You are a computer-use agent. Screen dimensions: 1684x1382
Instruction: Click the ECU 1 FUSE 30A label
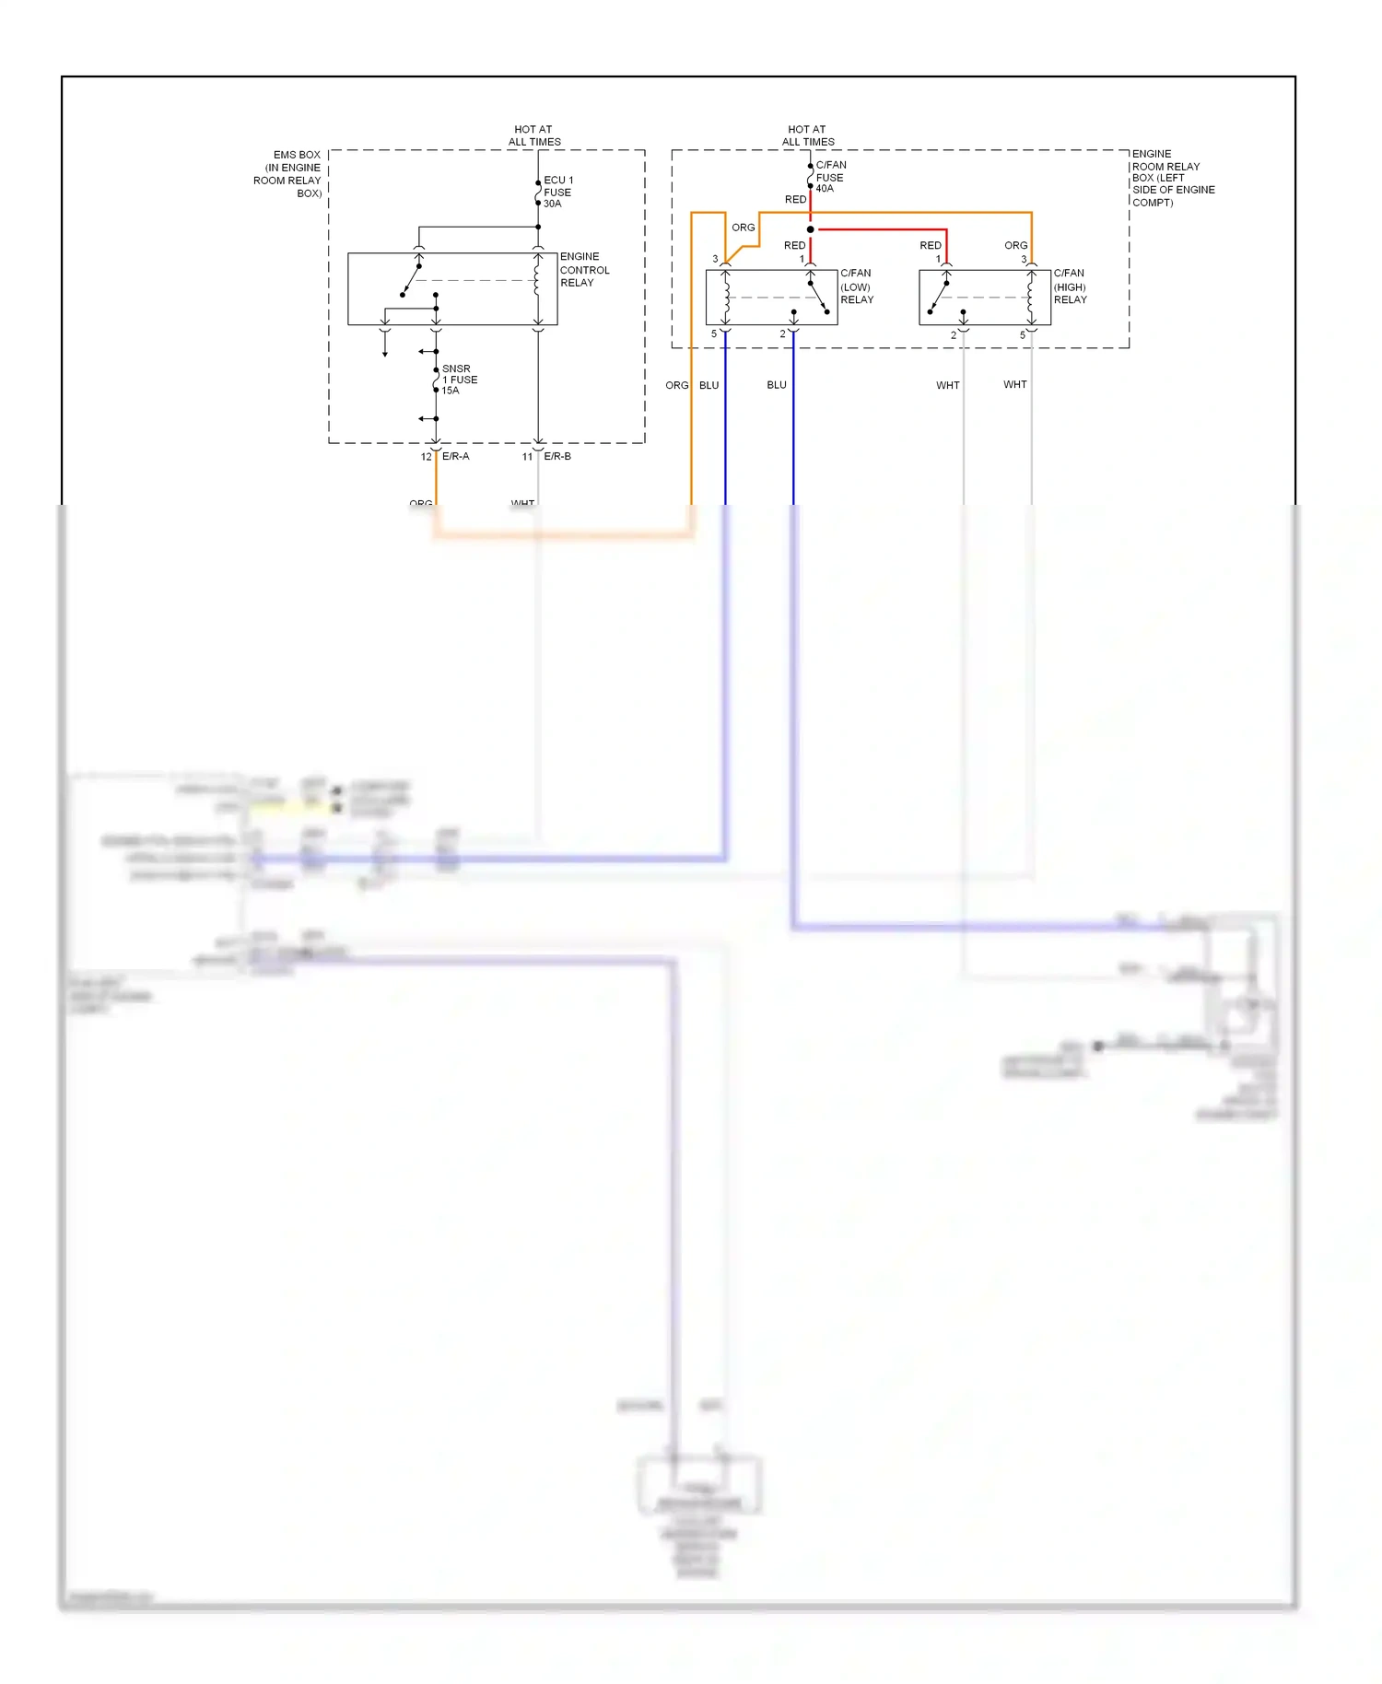(x=557, y=192)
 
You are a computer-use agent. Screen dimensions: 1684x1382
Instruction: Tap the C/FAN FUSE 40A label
(x=829, y=177)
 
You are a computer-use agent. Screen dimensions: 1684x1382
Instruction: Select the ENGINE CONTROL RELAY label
(x=584, y=270)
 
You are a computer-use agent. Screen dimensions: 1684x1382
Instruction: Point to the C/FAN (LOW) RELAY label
(x=856, y=287)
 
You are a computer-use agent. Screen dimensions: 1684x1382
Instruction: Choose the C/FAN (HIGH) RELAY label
(x=1070, y=287)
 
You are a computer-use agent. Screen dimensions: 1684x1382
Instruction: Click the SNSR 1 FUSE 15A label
(x=459, y=380)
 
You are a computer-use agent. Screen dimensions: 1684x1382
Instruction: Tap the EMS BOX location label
(x=288, y=174)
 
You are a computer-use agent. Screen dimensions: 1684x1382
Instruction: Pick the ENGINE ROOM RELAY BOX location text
(x=1172, y=178)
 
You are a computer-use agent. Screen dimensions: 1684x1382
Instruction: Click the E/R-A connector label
(x=455, y=456)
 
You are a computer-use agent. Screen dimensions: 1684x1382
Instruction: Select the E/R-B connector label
(x=557, y=456)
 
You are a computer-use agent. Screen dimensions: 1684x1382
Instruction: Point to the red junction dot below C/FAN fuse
(x=810, y=229)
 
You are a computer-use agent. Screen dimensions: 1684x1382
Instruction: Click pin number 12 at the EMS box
(x=426, y=457)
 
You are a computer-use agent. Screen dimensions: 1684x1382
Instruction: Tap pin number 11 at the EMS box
(x=527, y=457)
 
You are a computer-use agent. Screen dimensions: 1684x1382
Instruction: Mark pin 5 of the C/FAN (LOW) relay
(x=714, y=334)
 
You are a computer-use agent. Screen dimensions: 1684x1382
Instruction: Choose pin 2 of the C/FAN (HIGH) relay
(x=954, y=335)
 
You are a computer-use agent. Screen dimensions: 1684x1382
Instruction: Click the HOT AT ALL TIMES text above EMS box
(x=534, y=135)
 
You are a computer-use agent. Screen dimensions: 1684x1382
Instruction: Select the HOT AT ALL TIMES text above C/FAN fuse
(x=808, y=135)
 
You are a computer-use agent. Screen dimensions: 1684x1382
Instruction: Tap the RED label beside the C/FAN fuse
(x=795, y=200)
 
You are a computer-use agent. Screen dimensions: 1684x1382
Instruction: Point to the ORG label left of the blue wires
(x=676, y=385)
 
